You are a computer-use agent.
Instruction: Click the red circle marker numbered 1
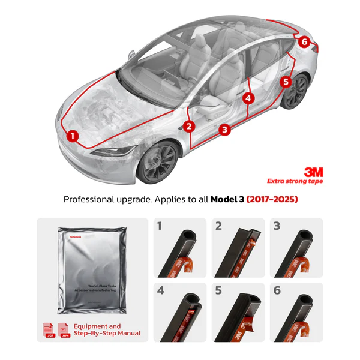click(73, 136)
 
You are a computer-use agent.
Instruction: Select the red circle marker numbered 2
click(190, 126)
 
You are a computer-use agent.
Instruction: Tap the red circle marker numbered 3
click(224, 129)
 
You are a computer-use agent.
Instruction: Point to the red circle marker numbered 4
click(248, 98)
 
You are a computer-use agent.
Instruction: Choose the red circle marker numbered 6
click(304, 42)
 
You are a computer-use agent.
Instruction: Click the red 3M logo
click(314, 172)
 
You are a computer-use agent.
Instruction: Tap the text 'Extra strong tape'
click(295, 181)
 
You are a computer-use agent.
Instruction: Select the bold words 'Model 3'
click(227, 199)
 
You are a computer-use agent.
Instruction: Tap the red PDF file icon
click(49, 330)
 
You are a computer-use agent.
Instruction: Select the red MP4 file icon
click(63, 330)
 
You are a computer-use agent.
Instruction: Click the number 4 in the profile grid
click(160, 291)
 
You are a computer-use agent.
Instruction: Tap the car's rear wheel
click(296, 91)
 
